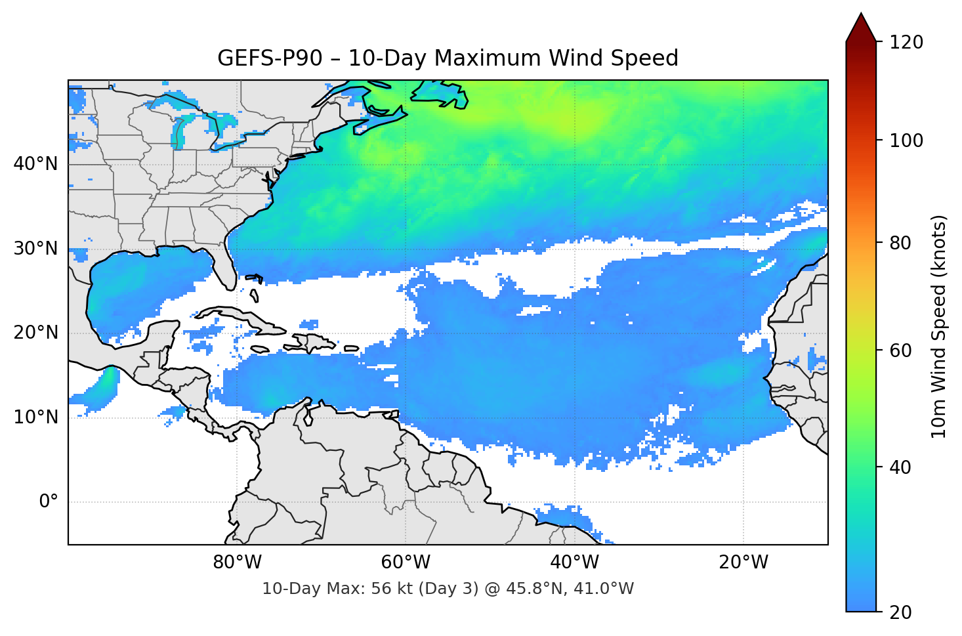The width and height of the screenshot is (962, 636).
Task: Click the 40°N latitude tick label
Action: click(35, 164)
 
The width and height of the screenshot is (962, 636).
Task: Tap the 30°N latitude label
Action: click(35, 249)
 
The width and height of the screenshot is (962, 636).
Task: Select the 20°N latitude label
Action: click(35, 333)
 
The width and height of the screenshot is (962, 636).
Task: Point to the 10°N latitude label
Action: click(35, 417)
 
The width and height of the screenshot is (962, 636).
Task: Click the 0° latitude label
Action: click(48, 502)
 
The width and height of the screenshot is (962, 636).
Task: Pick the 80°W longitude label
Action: click(238, 562)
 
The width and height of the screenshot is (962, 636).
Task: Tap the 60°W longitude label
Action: click(406, 562)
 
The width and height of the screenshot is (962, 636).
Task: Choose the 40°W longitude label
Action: click(575, 562)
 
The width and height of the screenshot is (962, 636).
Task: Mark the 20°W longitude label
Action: click(743, 562)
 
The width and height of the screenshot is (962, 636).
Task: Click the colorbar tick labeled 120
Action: click(906, 43)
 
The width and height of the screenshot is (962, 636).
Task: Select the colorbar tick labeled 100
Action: click(906, 140)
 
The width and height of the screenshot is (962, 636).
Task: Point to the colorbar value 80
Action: click(900, 244)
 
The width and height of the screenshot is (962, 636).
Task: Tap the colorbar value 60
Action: click(900, 350)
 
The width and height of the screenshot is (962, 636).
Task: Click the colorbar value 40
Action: click(900, 467)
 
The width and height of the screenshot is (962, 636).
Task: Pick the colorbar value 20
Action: click(900, 612)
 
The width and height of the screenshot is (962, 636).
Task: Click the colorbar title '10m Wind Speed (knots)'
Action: click(939, 326)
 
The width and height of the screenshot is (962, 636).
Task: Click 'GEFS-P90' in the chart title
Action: click(270, 58)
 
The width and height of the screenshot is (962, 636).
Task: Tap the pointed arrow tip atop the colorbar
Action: click(861, 16)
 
